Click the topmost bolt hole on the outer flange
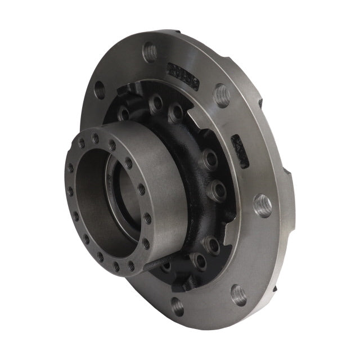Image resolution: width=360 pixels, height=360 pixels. tap(150, 52)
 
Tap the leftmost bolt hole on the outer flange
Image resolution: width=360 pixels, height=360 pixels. tap(100, 88)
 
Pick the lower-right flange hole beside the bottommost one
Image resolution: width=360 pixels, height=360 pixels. tap(238, 294)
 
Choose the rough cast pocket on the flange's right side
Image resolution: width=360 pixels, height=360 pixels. tap(240, 151)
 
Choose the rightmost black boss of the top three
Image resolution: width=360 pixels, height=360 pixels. tap(175, 111)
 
